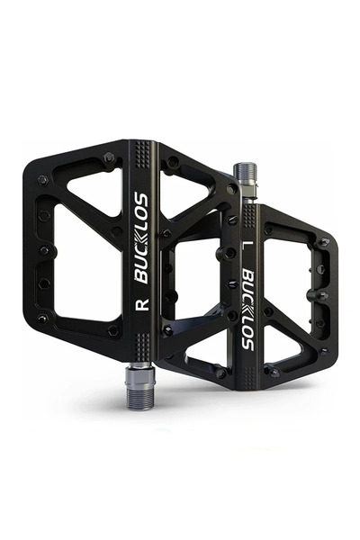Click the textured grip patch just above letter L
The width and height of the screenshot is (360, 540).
246,215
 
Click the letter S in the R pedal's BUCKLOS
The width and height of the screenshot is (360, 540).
141,199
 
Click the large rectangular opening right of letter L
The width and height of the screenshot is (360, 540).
289,270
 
